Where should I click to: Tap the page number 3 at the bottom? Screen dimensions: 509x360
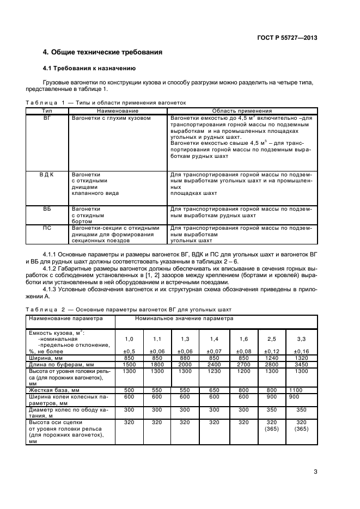pos(315,472)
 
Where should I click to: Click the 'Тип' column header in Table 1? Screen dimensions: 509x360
pos(47,111)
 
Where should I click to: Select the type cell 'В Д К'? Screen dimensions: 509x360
pos(47,175)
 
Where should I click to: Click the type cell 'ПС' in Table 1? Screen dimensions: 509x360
pos(47,228)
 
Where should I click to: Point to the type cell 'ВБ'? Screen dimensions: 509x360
pos(47,208)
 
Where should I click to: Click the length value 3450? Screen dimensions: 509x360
pos(301,364)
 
